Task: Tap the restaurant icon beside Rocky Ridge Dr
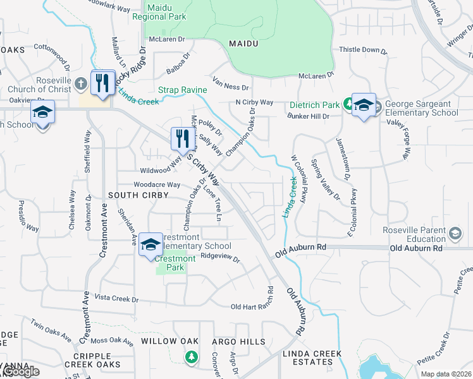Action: (x=101, y=83)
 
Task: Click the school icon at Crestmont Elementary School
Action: (x=150, y=245)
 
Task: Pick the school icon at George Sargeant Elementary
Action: (x=364, y=105)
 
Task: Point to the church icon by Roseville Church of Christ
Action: (x=80, y=83)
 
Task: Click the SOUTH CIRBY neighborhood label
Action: (x=138, y=195)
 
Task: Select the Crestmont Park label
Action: (x=175, y=263)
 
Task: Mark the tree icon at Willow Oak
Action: (x=191, y=358)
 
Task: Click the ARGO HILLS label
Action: (x=238, y=341)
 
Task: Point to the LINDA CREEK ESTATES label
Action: (x=312, y=358)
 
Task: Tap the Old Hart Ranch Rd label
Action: (x=252, y=307)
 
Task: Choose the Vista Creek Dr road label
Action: (x=116, y=298)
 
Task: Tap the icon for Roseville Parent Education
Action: (x=454, y=234)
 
